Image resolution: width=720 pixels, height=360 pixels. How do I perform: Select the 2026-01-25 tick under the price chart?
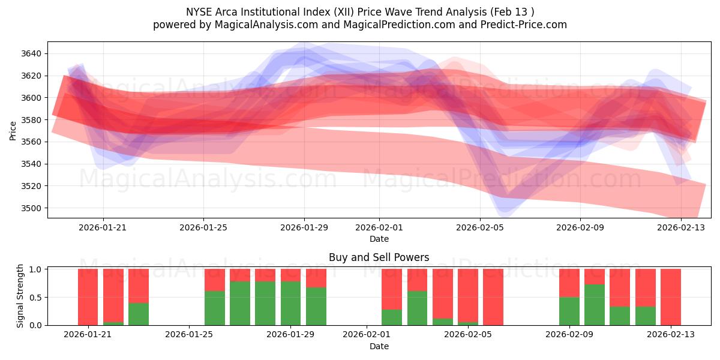(203, 227)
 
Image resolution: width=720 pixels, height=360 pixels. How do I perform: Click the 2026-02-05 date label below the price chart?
(479, 227)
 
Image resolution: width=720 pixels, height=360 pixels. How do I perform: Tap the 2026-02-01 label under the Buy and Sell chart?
(365, 335)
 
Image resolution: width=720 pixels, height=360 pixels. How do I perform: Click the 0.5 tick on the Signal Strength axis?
(35, 297)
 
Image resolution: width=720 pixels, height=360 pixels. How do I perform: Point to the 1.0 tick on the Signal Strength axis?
(35, 269)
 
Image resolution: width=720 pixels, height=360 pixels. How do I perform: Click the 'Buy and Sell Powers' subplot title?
(379, 257)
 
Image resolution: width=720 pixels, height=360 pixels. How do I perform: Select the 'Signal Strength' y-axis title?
(20, 296)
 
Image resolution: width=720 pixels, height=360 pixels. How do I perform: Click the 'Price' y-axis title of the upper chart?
(13, 130)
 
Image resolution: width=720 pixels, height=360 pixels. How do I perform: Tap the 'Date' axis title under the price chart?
(379, 239)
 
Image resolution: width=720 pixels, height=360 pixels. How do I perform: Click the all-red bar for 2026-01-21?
(88, 297)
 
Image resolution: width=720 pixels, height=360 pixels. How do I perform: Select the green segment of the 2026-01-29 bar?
(290, 303)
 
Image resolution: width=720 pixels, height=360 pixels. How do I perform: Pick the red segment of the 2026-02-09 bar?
(569, 283)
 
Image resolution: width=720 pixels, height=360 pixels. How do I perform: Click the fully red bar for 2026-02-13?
(670, 297)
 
